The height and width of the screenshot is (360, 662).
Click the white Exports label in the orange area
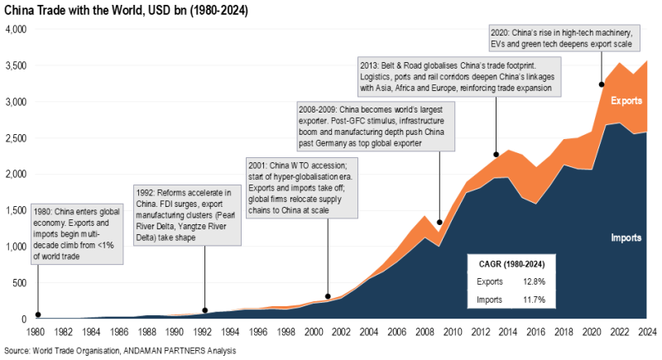(626, 101)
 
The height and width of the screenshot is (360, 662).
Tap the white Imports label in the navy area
(626, 238)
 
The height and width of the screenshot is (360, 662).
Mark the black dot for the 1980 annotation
(37, 315)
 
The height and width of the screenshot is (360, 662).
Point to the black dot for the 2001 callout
(329, 295)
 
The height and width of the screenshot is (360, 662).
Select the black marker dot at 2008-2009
(439, 223)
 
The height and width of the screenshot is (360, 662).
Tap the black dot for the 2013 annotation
(495, 155)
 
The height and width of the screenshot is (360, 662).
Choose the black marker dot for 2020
(602, 84)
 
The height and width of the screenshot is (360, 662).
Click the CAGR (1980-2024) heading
(511, 263)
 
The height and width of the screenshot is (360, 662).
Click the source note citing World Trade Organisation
(120, 351)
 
